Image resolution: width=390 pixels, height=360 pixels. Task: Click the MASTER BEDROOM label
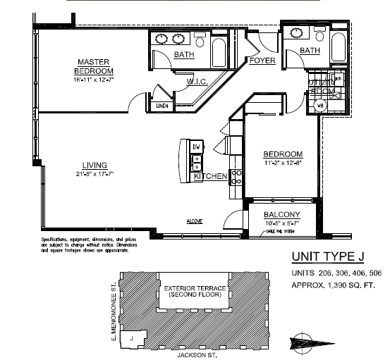coord(95,66)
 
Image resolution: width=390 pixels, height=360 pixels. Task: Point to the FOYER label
coord(262,61)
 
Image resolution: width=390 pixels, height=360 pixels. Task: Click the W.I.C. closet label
coord(195,82)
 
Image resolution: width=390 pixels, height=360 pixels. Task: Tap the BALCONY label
coord(282,215)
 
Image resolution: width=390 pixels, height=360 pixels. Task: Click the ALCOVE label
coord(194,221)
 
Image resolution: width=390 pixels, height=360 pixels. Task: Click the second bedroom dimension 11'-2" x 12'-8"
coord(283,164)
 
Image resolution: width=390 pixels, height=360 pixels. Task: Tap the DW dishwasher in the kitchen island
coord(197,147)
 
